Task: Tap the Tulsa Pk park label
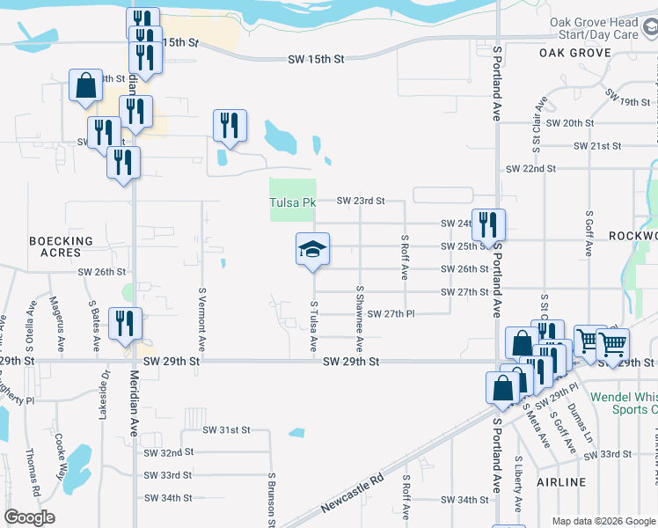click(291, 202)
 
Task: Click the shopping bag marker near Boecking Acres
click(86, 87)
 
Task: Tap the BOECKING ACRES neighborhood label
click(61, 247)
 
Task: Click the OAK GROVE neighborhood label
click(575, 53)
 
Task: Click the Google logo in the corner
click(29, 517)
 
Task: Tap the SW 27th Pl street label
click(391, 314)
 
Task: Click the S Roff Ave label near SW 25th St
click(404, 257)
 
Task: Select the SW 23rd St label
click(362, 201)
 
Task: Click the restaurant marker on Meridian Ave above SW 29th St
click(124, 324)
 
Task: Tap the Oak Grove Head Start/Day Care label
click(605, 28)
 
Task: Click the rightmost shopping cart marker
click(611, 343)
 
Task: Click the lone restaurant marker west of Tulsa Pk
click(230, 126)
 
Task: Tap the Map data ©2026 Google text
click(603, 521)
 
